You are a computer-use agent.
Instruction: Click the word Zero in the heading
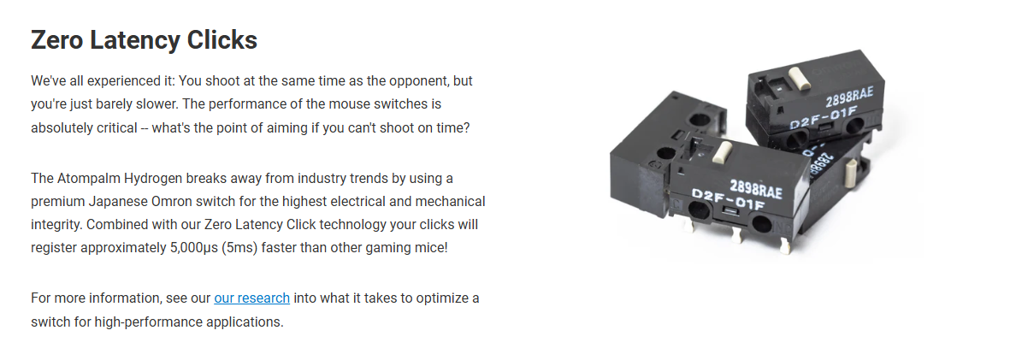[x=56, y=40]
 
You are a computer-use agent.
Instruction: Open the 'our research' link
[x=251, y=298]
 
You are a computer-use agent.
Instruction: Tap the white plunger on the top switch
[x=799, y=78]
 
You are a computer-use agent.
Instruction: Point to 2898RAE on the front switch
[x=755, y=188]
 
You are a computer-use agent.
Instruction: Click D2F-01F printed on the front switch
[x=728, y=200]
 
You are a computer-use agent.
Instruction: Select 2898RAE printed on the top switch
[x=848, y=97]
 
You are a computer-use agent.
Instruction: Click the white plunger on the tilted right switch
[x=851, y=174]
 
